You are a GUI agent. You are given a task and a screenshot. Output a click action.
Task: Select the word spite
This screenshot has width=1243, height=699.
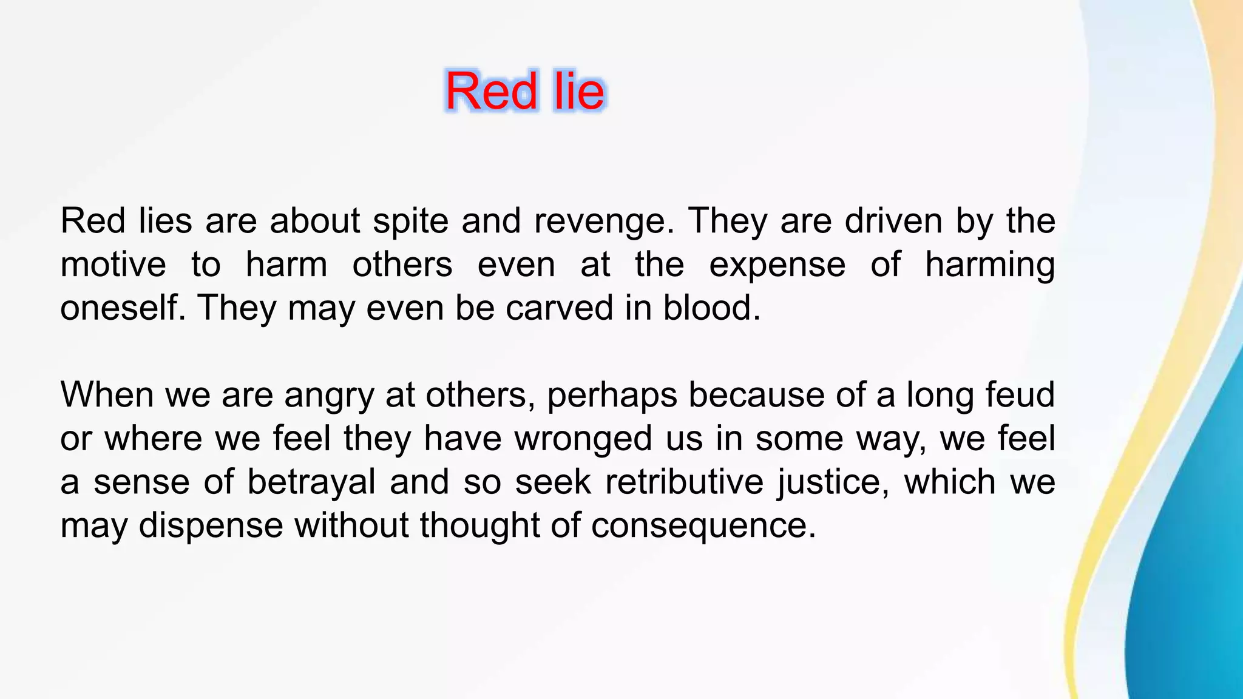point(410,221)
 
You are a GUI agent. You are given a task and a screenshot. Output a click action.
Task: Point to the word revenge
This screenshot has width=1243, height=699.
point(604,221)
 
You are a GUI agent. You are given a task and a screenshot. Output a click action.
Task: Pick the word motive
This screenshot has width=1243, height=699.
point(113,265)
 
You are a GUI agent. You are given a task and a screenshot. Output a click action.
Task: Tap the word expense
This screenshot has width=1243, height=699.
point(777,265)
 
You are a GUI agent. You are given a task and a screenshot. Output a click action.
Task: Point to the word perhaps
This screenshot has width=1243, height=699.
point(612,396)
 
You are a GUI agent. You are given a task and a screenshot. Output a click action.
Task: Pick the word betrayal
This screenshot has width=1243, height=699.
point(311,482)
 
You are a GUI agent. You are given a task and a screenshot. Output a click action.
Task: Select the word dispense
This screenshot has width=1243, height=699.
point(211,525)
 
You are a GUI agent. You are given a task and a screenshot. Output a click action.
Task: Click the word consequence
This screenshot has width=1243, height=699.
point(703,526)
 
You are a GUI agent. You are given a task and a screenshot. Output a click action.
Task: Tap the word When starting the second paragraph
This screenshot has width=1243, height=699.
point(107,394)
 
